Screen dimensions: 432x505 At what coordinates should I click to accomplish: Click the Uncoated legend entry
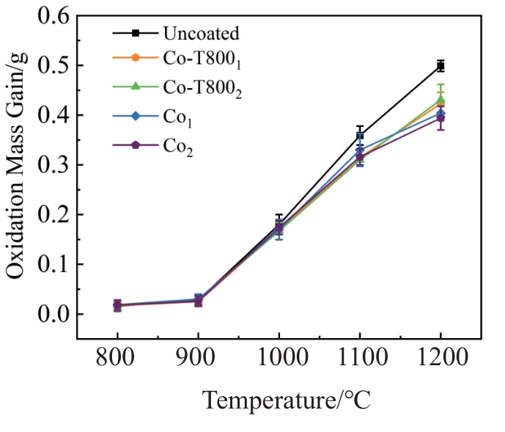coord(202,33)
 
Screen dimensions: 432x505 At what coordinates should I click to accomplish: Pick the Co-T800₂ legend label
coord(202,89)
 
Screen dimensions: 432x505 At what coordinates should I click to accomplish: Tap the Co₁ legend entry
coord(179,117)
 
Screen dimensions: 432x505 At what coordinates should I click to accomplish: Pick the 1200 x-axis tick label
coord(440,360)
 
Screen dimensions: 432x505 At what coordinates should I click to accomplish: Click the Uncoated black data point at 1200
coord(441,66)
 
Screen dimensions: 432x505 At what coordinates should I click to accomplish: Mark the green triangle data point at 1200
coord(441,98)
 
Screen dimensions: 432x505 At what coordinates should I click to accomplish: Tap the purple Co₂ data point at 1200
coord(441,118)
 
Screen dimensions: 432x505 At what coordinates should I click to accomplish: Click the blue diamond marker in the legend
coord(134,115)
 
